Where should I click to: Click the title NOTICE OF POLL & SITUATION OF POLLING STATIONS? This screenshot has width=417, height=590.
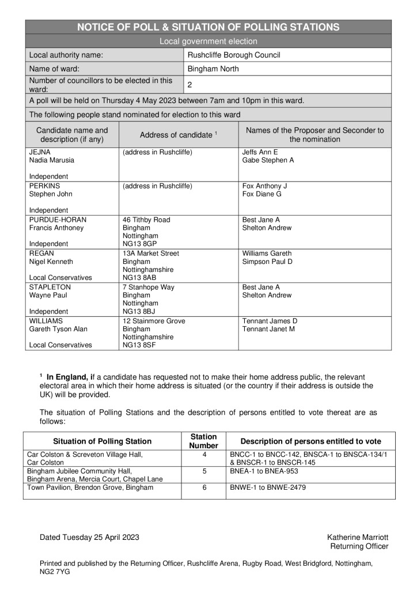point(208,27)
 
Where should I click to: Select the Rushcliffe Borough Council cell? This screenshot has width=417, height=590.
point(234,55)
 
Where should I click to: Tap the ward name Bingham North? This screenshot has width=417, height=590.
point(213,69)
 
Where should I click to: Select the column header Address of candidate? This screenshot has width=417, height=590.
point(177,135)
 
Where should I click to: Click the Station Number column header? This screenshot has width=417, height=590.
point(204,441)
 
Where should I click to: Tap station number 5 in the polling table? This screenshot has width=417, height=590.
point(204,471)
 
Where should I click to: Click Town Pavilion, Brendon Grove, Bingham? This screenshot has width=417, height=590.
point(90,487)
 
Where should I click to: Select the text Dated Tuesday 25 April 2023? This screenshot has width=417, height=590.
point(89,537)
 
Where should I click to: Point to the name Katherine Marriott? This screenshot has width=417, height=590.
point(357,537)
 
